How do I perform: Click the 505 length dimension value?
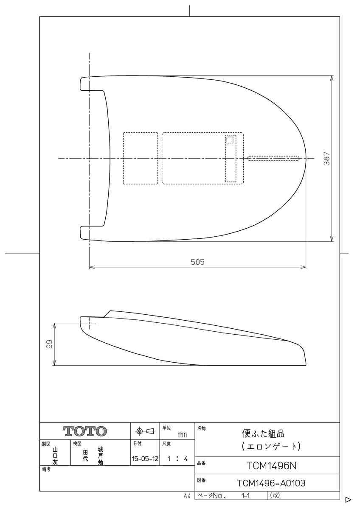(197, 262)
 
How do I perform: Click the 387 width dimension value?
(327, 158)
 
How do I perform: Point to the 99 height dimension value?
(49, 344)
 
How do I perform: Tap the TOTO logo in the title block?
(85, 431)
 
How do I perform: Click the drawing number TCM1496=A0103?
(271, 483)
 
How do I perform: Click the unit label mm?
(182, 435)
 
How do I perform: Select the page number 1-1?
(246, 495)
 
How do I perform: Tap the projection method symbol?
(145, 431)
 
